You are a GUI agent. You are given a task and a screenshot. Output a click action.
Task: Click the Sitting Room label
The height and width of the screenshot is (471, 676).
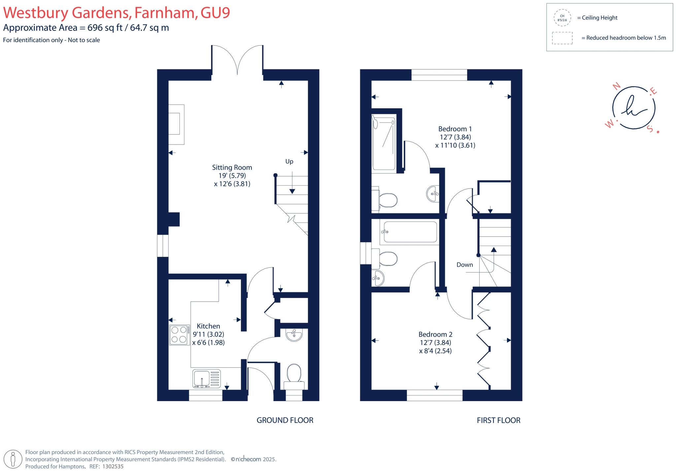(232, 168)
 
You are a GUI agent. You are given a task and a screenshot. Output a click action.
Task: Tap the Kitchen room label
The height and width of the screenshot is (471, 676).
(208, 326)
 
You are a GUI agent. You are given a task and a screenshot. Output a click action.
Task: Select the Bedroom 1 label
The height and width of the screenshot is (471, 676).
(455, 129)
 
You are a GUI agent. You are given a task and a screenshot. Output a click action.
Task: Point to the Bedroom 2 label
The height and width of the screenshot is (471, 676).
(435, 334)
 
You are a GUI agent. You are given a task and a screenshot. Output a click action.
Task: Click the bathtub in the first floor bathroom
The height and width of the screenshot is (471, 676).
(409, 232)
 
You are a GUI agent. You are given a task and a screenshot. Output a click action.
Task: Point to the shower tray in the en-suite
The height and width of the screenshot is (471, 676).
(384, 144)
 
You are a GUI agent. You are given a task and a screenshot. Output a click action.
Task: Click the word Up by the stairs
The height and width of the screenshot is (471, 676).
(289, 161)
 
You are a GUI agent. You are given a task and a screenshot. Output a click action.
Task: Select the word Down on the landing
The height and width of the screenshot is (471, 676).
(464, 265)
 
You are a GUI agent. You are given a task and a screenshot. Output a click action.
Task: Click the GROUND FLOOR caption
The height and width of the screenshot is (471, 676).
(285, 420)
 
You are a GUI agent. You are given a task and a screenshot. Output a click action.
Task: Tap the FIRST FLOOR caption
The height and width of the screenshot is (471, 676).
(498, 420)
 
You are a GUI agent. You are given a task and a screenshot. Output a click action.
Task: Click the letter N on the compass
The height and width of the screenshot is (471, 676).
(616, 86)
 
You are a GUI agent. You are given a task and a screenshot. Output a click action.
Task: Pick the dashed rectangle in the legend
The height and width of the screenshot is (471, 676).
(562, 38)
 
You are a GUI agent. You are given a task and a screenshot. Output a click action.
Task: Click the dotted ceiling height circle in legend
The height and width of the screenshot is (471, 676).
(562, 18)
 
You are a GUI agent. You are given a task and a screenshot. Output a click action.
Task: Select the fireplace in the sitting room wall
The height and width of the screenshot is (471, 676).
(176, 124)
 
